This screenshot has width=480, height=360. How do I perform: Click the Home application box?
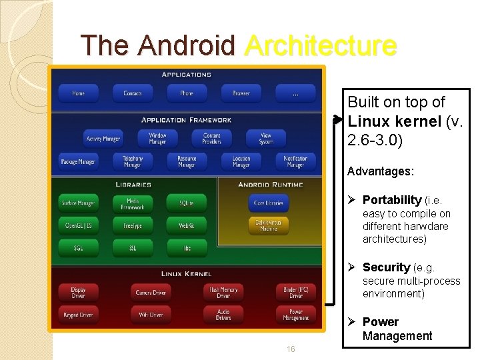pos(79,93)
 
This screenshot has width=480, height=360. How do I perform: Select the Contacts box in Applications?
pos(133,93)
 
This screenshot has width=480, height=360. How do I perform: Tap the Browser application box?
pos(241,93)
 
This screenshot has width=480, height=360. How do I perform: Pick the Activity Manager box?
pos(103,139)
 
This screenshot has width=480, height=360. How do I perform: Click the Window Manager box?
pos(157,138)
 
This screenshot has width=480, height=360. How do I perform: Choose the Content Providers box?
pos(211,138)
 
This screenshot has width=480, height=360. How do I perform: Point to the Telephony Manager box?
pos(133,161)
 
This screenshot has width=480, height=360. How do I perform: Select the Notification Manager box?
pos(295,161)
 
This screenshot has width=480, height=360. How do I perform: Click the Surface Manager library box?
pos(79,203)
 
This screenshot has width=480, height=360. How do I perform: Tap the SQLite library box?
pos(187,203)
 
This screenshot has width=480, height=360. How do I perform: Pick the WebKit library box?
pos(187,225)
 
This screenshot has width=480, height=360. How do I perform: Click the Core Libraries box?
pos(269,203)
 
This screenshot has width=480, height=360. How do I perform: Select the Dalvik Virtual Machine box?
pos(269,225)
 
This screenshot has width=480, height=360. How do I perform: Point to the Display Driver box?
pos(79,292)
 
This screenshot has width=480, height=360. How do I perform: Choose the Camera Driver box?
pos(151,292)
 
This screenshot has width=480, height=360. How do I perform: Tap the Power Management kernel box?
pos(295,315)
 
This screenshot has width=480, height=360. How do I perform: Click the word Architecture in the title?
pos(321,45)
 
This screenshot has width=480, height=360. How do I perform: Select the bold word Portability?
pos(392,200)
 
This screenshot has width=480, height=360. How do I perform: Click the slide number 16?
pos(291,349)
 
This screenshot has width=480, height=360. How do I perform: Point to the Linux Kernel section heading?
pos(187,273)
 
